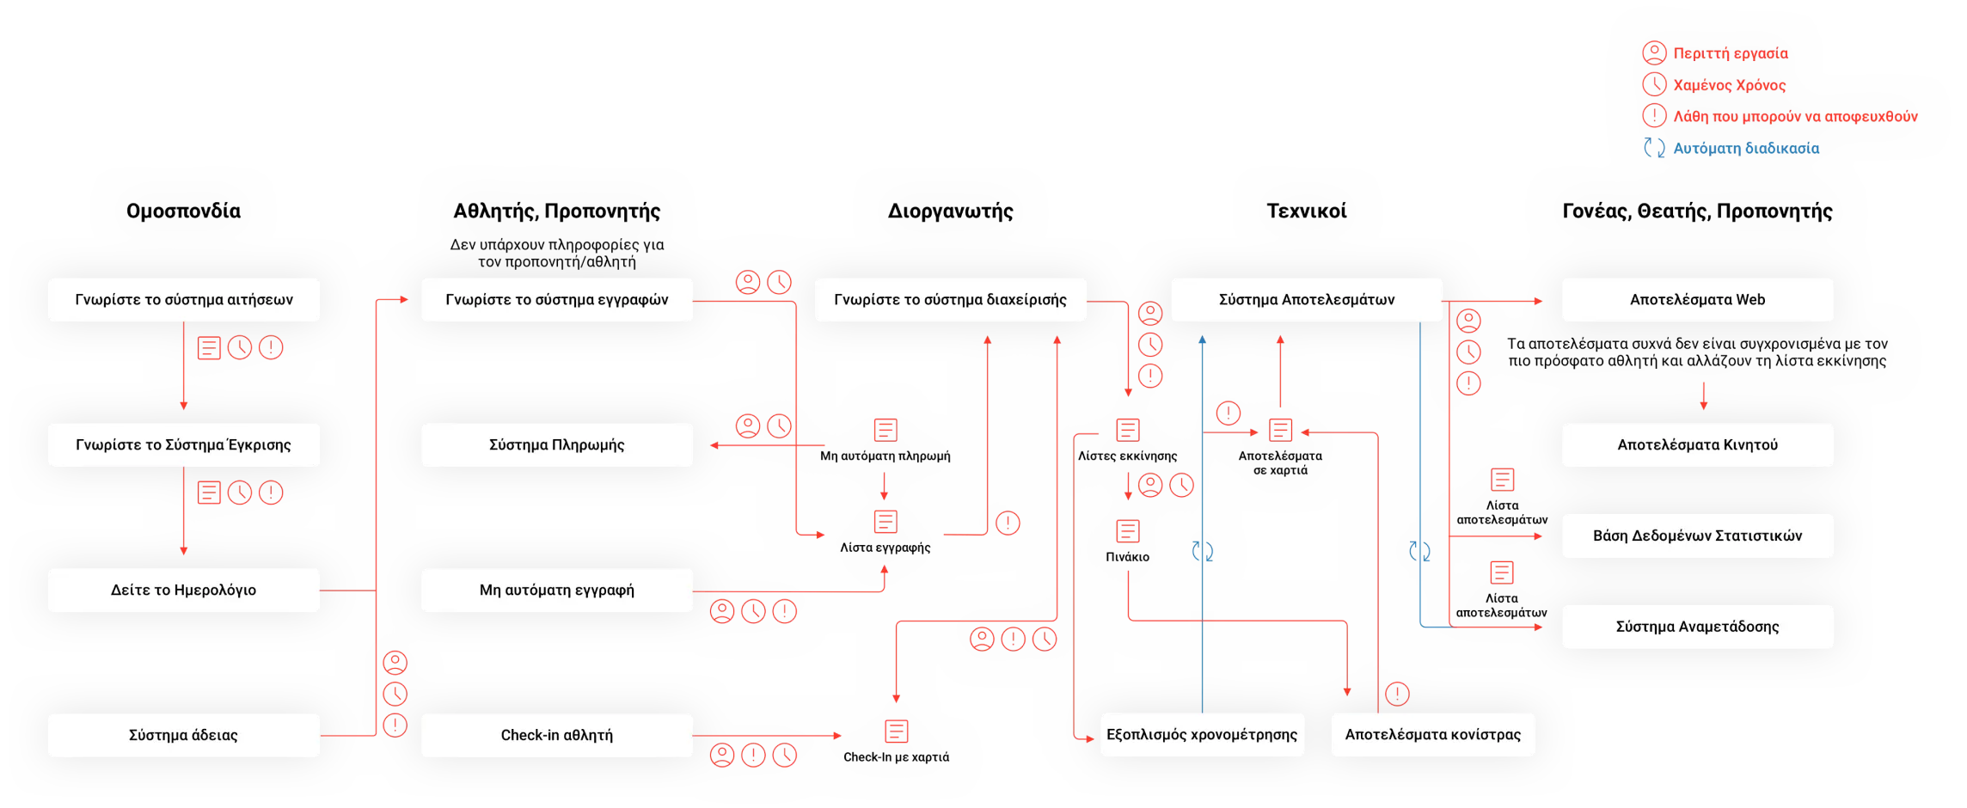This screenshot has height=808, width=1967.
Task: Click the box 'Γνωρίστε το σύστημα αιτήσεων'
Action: [x=183, y=300]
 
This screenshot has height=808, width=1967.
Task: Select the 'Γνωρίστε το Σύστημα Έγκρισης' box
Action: [x=183, y=445]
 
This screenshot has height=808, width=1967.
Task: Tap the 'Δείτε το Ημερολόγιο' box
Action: [x=183, y=591]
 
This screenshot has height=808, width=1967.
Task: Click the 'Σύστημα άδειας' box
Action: [x=183, y=736]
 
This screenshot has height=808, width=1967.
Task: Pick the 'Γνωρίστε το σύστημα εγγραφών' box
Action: [x=556, y=300]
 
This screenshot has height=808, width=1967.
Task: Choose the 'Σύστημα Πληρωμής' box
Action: [x=556, y=445]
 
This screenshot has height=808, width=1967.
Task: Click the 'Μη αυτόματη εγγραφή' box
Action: [x=556, y=591]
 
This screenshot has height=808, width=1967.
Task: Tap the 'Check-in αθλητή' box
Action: [x=556, y=736]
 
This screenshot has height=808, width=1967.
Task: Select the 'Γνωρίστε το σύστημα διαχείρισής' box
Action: [x=950, y=300]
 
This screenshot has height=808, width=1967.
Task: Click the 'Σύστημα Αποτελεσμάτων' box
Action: [x=1306, y=300]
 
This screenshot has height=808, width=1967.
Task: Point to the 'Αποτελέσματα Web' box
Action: [x=1697, y=300]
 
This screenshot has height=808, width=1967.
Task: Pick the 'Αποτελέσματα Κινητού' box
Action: [x=1697, y=445]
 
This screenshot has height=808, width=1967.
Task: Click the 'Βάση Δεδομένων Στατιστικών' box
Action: [x=1697, y=536]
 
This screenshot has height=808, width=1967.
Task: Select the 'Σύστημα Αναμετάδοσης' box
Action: [x=1697, y=627]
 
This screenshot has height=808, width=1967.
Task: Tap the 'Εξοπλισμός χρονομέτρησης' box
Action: [x=1202, y=735]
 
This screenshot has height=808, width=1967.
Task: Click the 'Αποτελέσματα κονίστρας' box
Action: [x=1432, y=735]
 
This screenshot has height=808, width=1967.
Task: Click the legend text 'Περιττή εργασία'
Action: [x=1730, y=53]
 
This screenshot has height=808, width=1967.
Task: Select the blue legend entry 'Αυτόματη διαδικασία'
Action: [x=1745, y=149]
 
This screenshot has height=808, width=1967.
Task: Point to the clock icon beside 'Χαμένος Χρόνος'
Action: [x=1654, y=84]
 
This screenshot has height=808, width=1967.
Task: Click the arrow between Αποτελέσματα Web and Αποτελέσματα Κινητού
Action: [x=1703, y=396]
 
